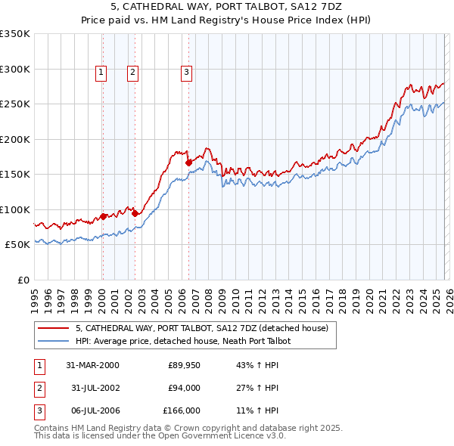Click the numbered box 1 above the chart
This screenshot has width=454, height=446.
click(x=101, y=73)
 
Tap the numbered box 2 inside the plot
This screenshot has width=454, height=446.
click(x=132, y=73)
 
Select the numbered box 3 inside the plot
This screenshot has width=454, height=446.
click(x=186, y=73)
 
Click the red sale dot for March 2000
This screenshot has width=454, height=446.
click(x=103, y=216)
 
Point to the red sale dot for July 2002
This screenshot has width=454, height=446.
click(x=135, y=213)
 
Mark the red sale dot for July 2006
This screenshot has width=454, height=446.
click(x=188, y=162)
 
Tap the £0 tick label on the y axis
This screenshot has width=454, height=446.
click(x=23, y=280)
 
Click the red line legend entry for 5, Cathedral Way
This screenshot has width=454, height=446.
click(x=201, y=329)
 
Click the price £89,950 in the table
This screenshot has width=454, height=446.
click(x=184, y=364)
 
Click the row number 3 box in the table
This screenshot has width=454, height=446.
click(x=39, y=411)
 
